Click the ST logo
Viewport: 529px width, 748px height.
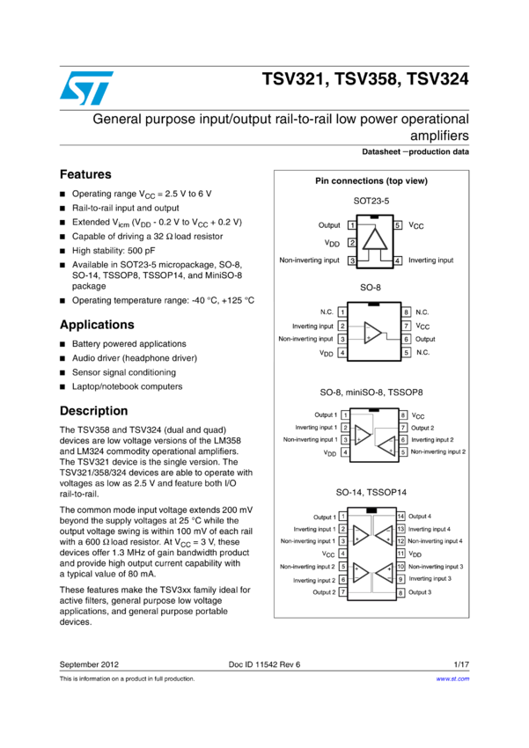(x=86, y=87)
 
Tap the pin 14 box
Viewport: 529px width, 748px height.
(x=400, y=517)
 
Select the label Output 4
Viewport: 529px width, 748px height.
(x=420, y=517)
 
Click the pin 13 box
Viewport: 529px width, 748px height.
(x=400, y=529)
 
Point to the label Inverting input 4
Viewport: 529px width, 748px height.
(x=430, y=529)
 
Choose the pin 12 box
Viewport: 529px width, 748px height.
(x=400, y=541)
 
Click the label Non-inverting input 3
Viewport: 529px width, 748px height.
(x=436, y=567)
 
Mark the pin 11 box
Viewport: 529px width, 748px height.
(x=400, y=554)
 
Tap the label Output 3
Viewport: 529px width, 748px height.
(x=420, y=592)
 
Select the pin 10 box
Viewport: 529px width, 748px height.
(x=400, y=567)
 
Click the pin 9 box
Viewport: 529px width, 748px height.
(x=400, y=579)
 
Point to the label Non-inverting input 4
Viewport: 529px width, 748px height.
(x=436, y=541)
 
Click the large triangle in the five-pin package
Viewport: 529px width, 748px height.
(x=376, y=240)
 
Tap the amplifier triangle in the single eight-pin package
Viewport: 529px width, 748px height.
(x=373, y=333)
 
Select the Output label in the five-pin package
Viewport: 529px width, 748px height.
(x=329, y=225)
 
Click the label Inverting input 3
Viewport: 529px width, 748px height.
(x=430, y=579)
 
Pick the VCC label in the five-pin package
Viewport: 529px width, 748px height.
(x=416, y=226)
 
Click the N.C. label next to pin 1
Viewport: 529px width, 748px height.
(x=327, y=312)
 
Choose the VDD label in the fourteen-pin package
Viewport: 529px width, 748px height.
(x=416, y=554)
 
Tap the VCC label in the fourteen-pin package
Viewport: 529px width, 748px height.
(x=327, y=554)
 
